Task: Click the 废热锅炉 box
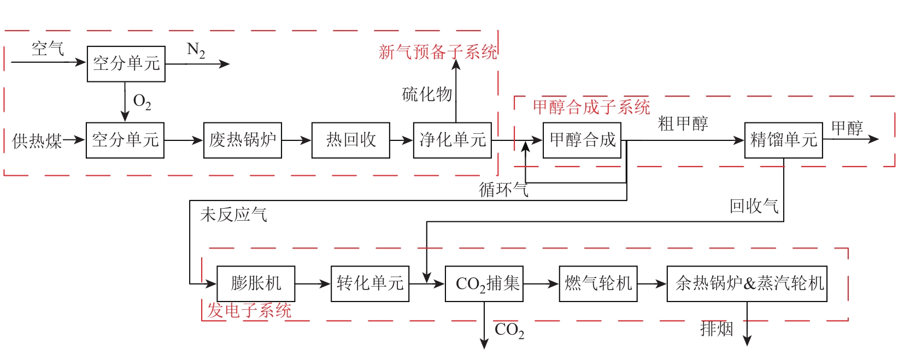242,140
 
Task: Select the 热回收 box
350,140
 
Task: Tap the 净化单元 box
452,140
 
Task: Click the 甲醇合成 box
582,140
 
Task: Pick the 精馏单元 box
783,140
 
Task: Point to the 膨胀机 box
256,284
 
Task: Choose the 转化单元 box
369,284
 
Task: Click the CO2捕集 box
484,284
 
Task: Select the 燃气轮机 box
598,284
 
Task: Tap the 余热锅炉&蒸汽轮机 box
747,284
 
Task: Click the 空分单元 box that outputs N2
126,64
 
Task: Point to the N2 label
196,51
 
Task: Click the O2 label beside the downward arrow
142,102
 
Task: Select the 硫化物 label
427,95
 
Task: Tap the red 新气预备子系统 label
438,52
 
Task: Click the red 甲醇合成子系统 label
591,107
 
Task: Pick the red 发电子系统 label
249,311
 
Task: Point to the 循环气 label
503,190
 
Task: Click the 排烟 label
716,329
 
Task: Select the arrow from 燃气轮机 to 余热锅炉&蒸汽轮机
652,284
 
